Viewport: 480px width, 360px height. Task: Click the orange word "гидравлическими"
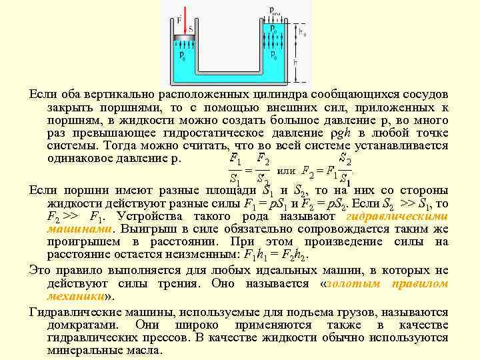click(x=397, y=217)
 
